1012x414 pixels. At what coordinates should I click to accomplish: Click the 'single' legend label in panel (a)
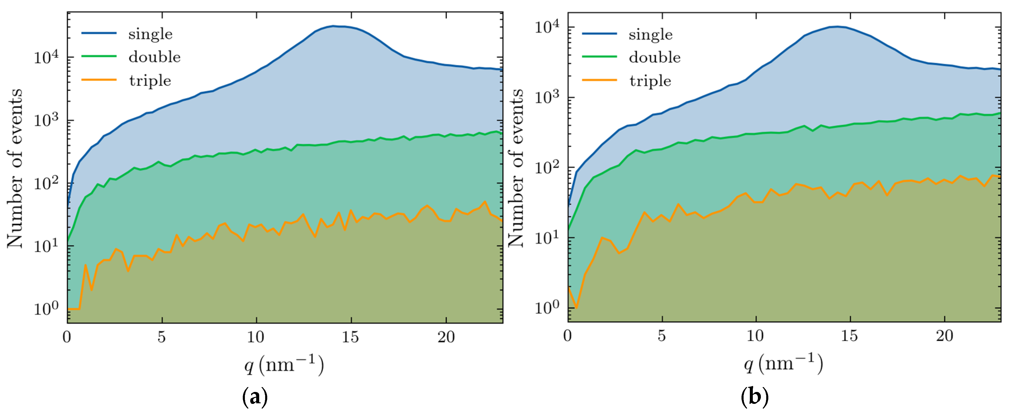click(x=150, y=34)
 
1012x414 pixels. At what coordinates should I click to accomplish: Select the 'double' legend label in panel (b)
click(x=655, y=57)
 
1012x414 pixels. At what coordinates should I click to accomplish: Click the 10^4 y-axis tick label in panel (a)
click(x=46, y=57)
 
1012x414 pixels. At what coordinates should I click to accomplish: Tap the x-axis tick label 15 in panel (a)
click(x=350, y=337)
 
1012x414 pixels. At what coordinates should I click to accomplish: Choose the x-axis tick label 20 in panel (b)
click(x=944, y=336)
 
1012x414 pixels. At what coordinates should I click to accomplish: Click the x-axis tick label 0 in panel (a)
click(x=67, y=337)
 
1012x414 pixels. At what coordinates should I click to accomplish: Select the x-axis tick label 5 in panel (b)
click(x=662, y=336)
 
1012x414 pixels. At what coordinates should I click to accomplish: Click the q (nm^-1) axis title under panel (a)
click(x=284, y=365)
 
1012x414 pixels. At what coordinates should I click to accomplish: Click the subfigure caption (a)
click(x=255, y=398)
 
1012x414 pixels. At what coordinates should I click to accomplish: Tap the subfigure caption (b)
click(x=754, y=398)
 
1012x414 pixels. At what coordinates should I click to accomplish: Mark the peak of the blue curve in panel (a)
click(x=333, y=26)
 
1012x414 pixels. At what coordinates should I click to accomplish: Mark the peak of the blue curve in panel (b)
click(x=837, y=27)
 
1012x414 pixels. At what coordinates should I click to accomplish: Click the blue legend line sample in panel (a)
click(x=99, y=33)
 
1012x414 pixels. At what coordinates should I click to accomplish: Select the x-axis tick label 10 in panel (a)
click(x=256, y=337)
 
